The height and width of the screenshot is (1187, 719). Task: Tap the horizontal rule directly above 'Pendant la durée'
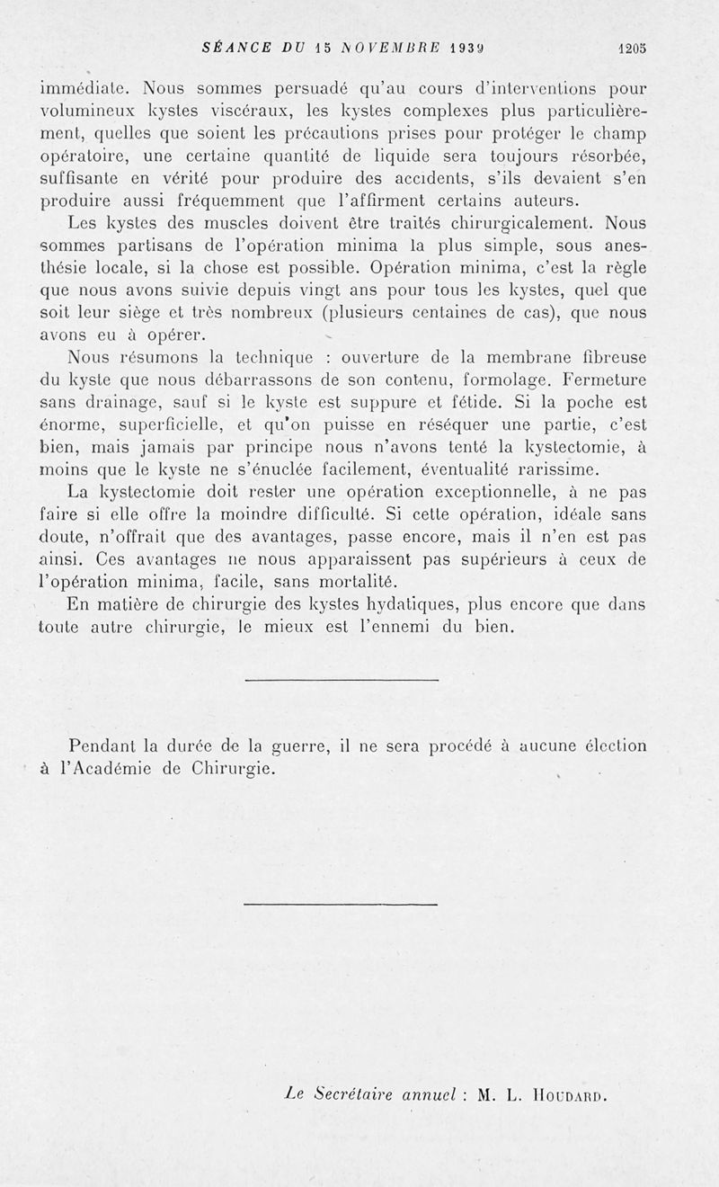[341, 680]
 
